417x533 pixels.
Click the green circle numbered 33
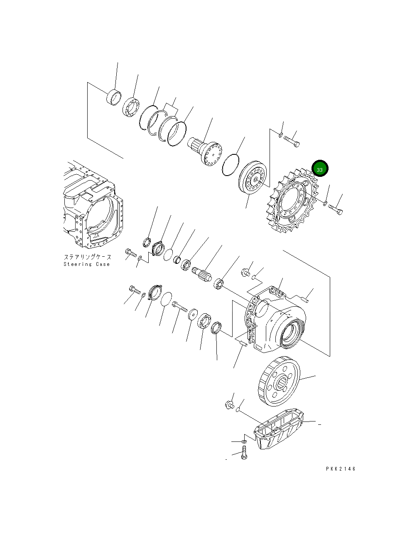click(x=320, y=169)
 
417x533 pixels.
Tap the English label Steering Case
click(x=87, y=264)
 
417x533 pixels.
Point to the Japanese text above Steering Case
click(x=87, y=257)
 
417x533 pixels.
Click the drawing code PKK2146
click(x=341, y=469)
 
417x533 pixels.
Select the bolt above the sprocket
click(x=292, y=142)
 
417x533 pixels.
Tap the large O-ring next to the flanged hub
click(x=231, y=165)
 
